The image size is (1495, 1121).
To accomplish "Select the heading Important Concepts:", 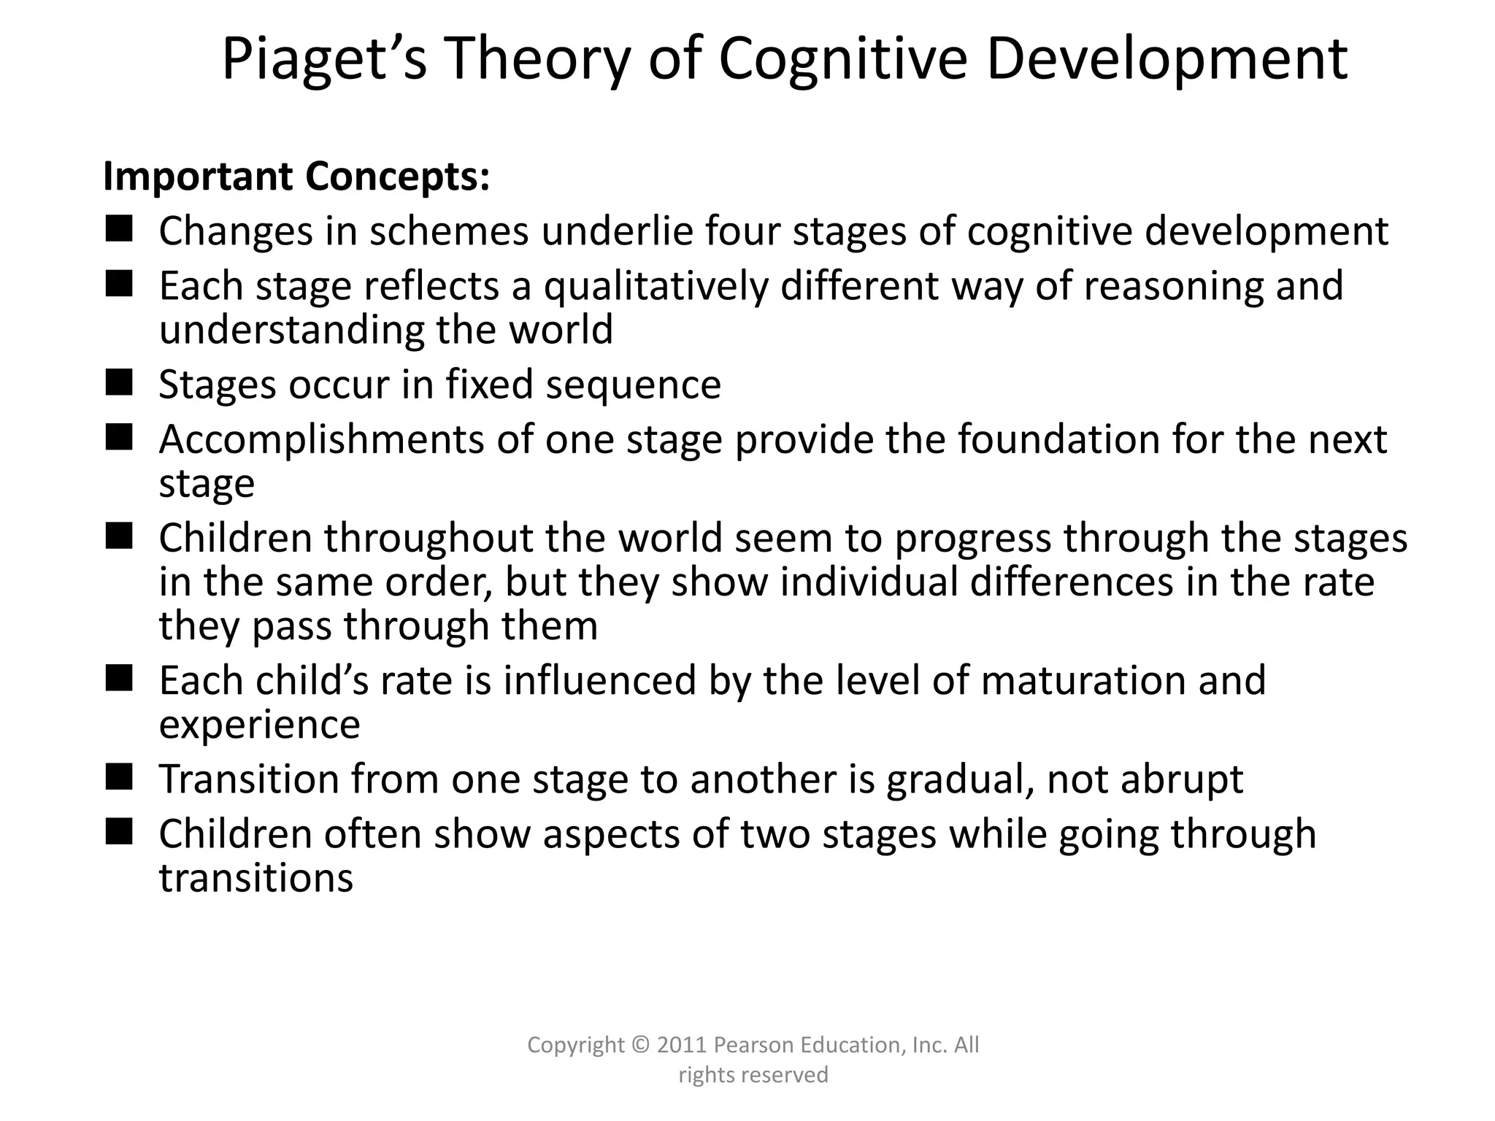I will tap(296, 177).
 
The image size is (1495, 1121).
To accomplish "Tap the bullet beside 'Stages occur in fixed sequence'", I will tap(118, 382).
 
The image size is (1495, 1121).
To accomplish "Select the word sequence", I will tap(633, 385).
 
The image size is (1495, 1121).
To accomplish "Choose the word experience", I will tap(260, 725).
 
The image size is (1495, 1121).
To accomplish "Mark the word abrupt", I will tap(1182, 779).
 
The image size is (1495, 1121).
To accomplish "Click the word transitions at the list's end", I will tap(256, 878).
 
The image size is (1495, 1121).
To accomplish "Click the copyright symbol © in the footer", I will tap(640, 1045).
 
